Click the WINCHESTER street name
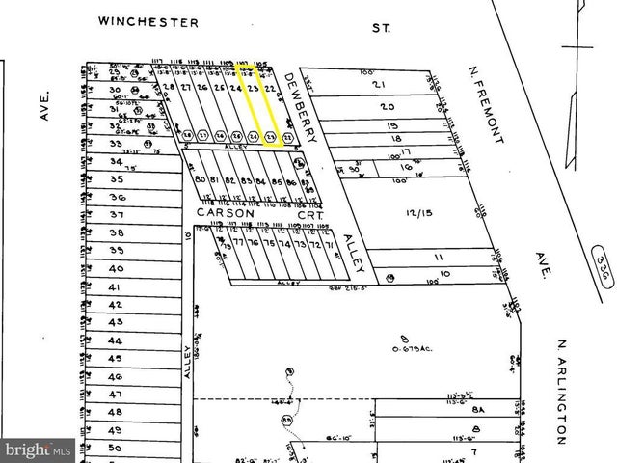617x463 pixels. (x=152, y=21)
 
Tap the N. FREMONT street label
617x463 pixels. (x=485, y=106)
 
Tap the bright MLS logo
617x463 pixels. (x=39, y=449)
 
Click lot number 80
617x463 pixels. (x=199, y=180)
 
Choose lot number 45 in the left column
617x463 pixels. (x=117, y=358)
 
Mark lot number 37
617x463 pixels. (x=118, y=214)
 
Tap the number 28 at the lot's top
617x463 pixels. (x=172, y=88)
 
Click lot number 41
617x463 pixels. (x=117, y=286)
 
